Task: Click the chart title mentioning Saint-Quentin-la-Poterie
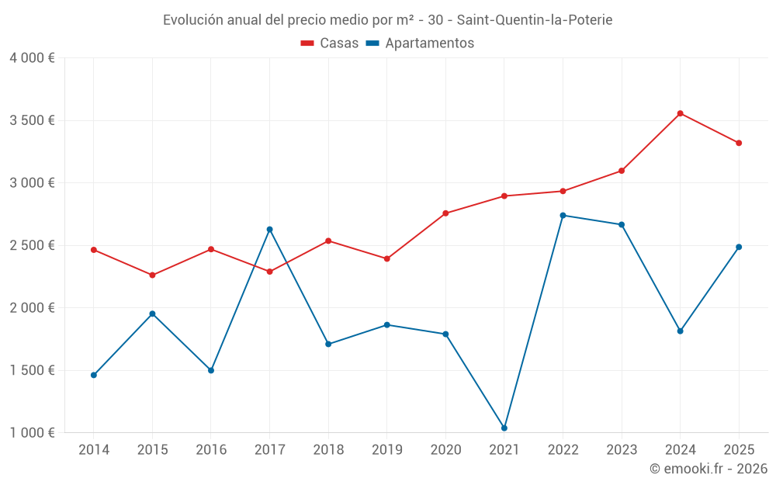(x=387, y=20)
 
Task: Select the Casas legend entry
(x=330, y=43)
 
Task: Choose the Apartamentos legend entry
(x=420, y=43)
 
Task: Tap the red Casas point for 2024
(x=680, y=113)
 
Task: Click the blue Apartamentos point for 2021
(x=504, y=428)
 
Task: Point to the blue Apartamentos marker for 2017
(x=269, y=230)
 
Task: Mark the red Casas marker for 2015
(x=152, y=275)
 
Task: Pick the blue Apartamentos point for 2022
(x=563, y=216)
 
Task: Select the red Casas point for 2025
(x=739, y=143)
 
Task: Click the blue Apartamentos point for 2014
(x=94, y=375)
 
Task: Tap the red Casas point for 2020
(x=445, y=213)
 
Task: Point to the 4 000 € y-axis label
(x=32, y=58)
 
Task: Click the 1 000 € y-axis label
(x=32, y=433)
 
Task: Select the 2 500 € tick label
(x=32, y=245)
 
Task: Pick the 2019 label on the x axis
(x=386, y=450)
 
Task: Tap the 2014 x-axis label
(x=94, y=450)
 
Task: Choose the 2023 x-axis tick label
(x=622, y=450)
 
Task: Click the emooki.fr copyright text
(x=708, y=469)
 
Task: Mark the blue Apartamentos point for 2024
(x=680, y=331)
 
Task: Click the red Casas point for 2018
(x=328, y=241)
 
